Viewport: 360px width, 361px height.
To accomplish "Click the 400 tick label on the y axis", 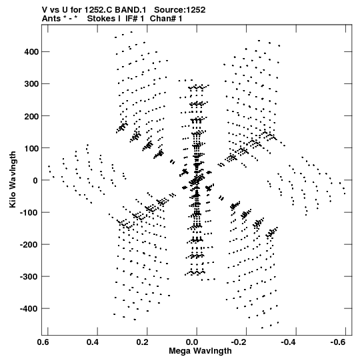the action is click(x=31, y=52).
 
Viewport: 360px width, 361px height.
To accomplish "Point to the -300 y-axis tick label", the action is click(x=29, y=276).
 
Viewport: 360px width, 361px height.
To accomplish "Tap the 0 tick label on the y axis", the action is click(x=35, y=180).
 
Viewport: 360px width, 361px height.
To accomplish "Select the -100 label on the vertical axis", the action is click(x=29, y=212).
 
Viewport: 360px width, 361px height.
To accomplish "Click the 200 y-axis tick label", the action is click(x=31, y=116).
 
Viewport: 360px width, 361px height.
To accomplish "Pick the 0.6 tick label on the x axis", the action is click(x=43, y=342).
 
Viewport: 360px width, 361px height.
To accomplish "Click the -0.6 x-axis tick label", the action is click(x=338, y=342).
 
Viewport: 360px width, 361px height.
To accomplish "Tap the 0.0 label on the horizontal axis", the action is click(x=192, y=342).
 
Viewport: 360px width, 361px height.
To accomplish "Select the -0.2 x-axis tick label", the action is click(x=239, y=342).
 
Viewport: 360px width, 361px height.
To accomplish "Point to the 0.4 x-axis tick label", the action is click(x=93, y=342).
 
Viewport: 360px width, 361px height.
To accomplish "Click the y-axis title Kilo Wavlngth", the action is click(x=13, y=179).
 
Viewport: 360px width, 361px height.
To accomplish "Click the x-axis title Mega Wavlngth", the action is click(x=200, y=351).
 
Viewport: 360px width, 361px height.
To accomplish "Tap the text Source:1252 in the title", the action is click(x=179, y=10).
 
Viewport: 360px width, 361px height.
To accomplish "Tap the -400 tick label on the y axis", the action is click(x=29, y=308).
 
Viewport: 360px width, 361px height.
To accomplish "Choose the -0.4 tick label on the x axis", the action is click(x=288, y=342).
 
